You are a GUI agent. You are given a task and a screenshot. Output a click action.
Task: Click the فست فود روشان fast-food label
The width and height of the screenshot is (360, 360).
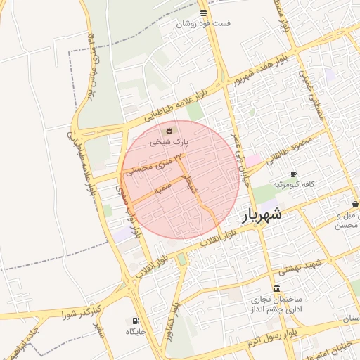coord(203,22)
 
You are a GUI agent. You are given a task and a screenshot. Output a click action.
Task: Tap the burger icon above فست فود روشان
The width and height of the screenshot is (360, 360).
coord(203,12)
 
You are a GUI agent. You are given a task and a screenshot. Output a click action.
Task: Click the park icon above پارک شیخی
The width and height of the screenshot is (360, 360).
coord(169,131)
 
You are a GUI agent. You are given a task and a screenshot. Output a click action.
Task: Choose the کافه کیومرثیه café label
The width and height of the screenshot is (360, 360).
coord(309,184)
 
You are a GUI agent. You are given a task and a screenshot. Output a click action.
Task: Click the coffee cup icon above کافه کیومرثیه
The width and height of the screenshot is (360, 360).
coord(293,174)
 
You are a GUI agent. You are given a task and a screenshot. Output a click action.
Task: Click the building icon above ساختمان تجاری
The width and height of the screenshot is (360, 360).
coord(276,289)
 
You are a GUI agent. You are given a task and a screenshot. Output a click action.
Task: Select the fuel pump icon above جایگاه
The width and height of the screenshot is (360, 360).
coord(135,321)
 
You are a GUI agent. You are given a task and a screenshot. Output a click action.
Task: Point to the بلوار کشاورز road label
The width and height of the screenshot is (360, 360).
coord(172,322)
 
